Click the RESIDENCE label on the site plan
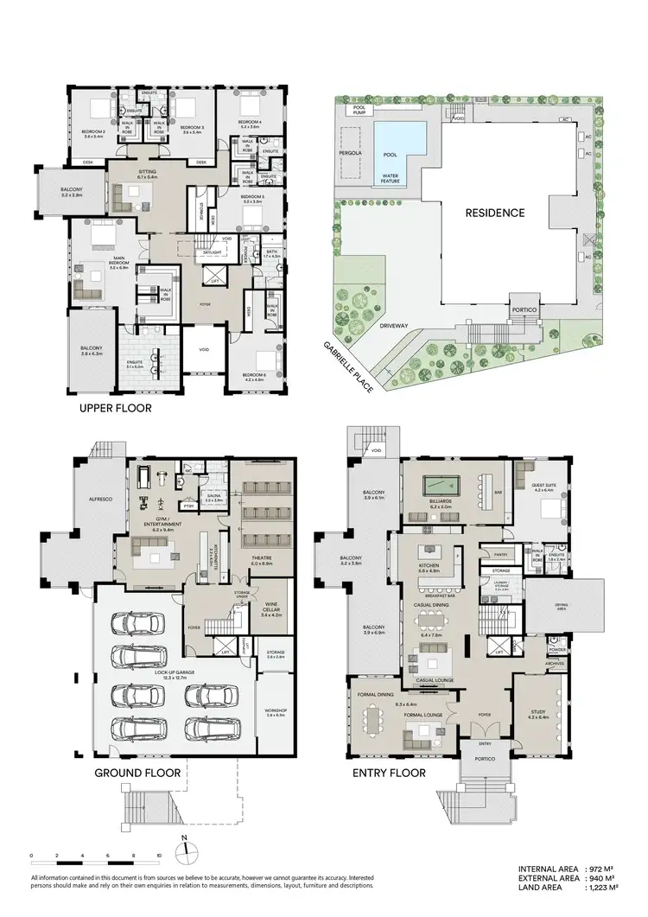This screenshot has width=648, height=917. [x=495, y=212]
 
